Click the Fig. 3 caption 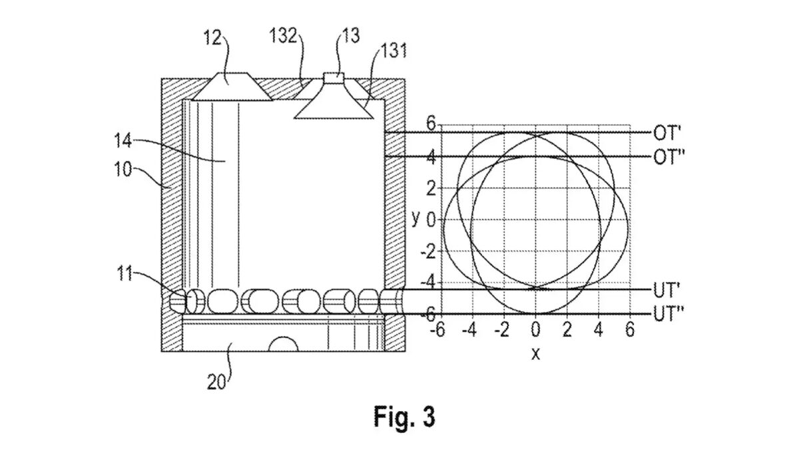tap(404, 417)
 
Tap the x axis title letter tap(535, 354)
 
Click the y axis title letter tap(415, 218)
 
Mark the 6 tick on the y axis tap(430, 124)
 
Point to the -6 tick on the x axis tap(437, 330)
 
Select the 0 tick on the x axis tap(535, 330)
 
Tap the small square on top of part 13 tap(334, 76)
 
